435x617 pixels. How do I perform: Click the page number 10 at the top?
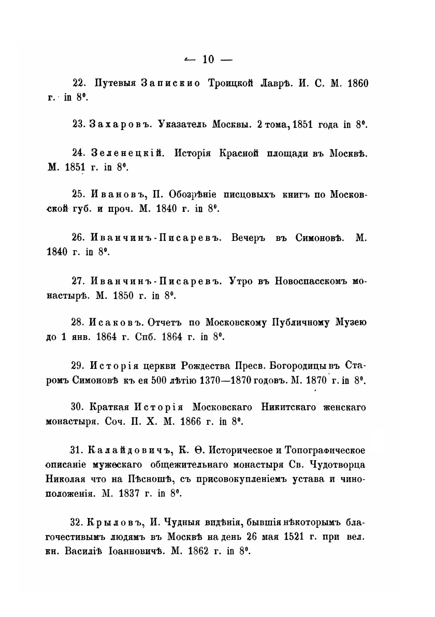tap(208, 60)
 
